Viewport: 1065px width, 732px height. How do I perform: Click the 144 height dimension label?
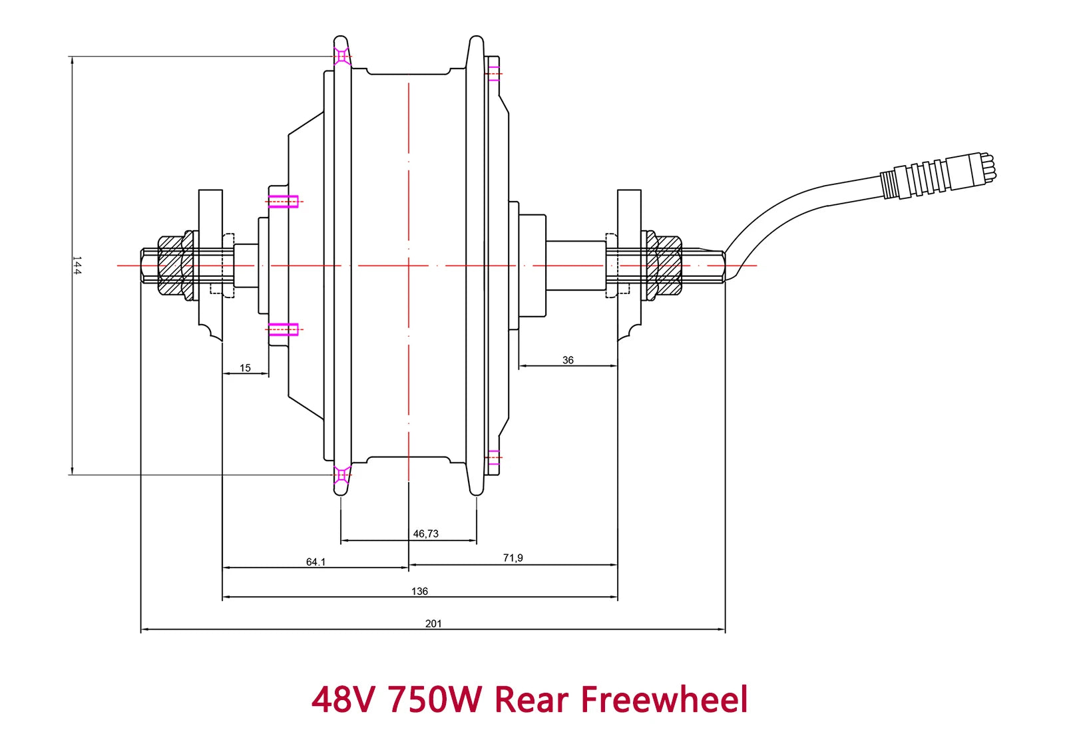[x=77, y=266]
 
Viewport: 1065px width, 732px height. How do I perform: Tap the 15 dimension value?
[x=245, y=368]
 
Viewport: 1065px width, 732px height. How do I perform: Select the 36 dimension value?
[x=568, y=360]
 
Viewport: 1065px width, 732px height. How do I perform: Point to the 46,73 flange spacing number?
[x=426, y=534]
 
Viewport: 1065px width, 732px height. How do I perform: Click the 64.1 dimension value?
[x=316, y=562]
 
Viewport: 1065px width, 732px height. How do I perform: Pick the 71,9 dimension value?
[x=513, y=558]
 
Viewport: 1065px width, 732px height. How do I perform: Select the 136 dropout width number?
[x=419, y=591]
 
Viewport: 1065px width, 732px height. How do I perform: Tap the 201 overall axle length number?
[x=433, y=624]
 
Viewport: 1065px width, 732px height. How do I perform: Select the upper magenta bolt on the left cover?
[x=283, y=201]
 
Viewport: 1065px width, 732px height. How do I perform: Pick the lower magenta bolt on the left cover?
[x=283, y=329]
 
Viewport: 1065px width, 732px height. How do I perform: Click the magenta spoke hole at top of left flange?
[x=341, y=57]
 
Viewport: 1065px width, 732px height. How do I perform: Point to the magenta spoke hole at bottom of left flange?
[x=341, y=474]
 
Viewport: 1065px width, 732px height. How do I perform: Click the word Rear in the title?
[x=532, y=700]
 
